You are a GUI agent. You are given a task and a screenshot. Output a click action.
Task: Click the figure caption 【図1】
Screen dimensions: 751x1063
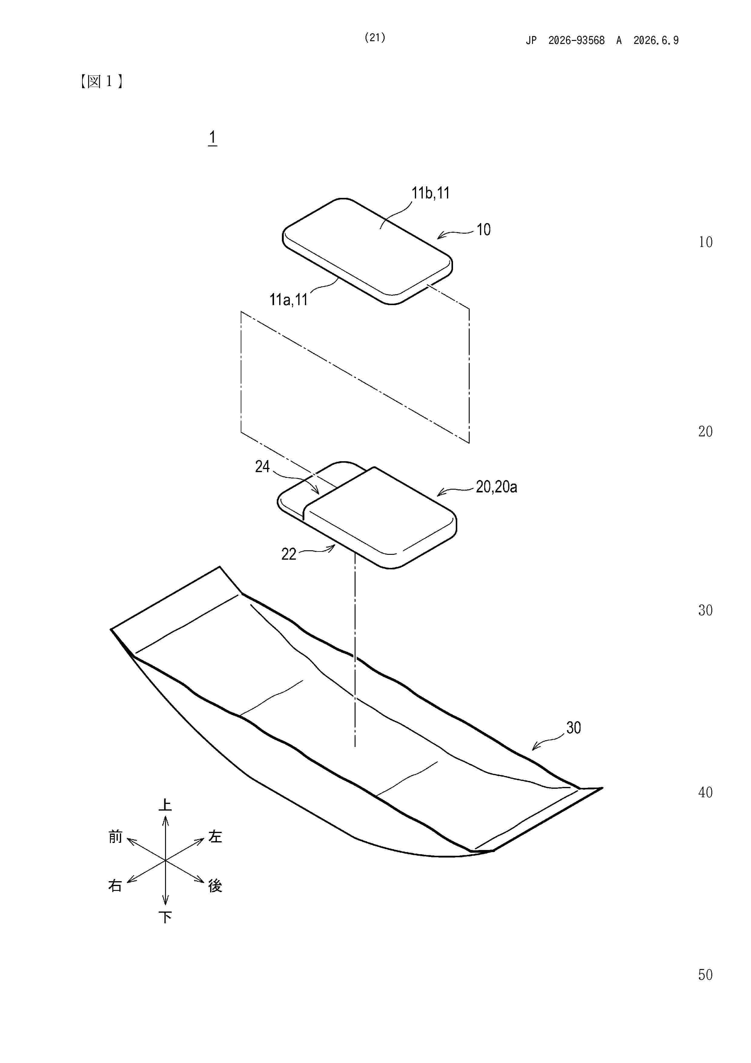(x=101, y=82)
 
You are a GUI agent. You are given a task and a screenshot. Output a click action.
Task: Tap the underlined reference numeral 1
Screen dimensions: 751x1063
(x=212, y=138)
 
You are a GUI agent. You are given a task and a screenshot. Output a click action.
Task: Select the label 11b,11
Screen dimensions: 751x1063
(x=430, y=193)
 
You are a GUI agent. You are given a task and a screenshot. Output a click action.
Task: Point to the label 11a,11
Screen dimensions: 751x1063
(x=289, y=300)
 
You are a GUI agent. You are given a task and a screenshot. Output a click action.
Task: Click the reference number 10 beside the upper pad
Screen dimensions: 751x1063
(x=484, y=230)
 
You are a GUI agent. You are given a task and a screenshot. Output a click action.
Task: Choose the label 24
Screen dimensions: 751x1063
(x=262, y=466)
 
